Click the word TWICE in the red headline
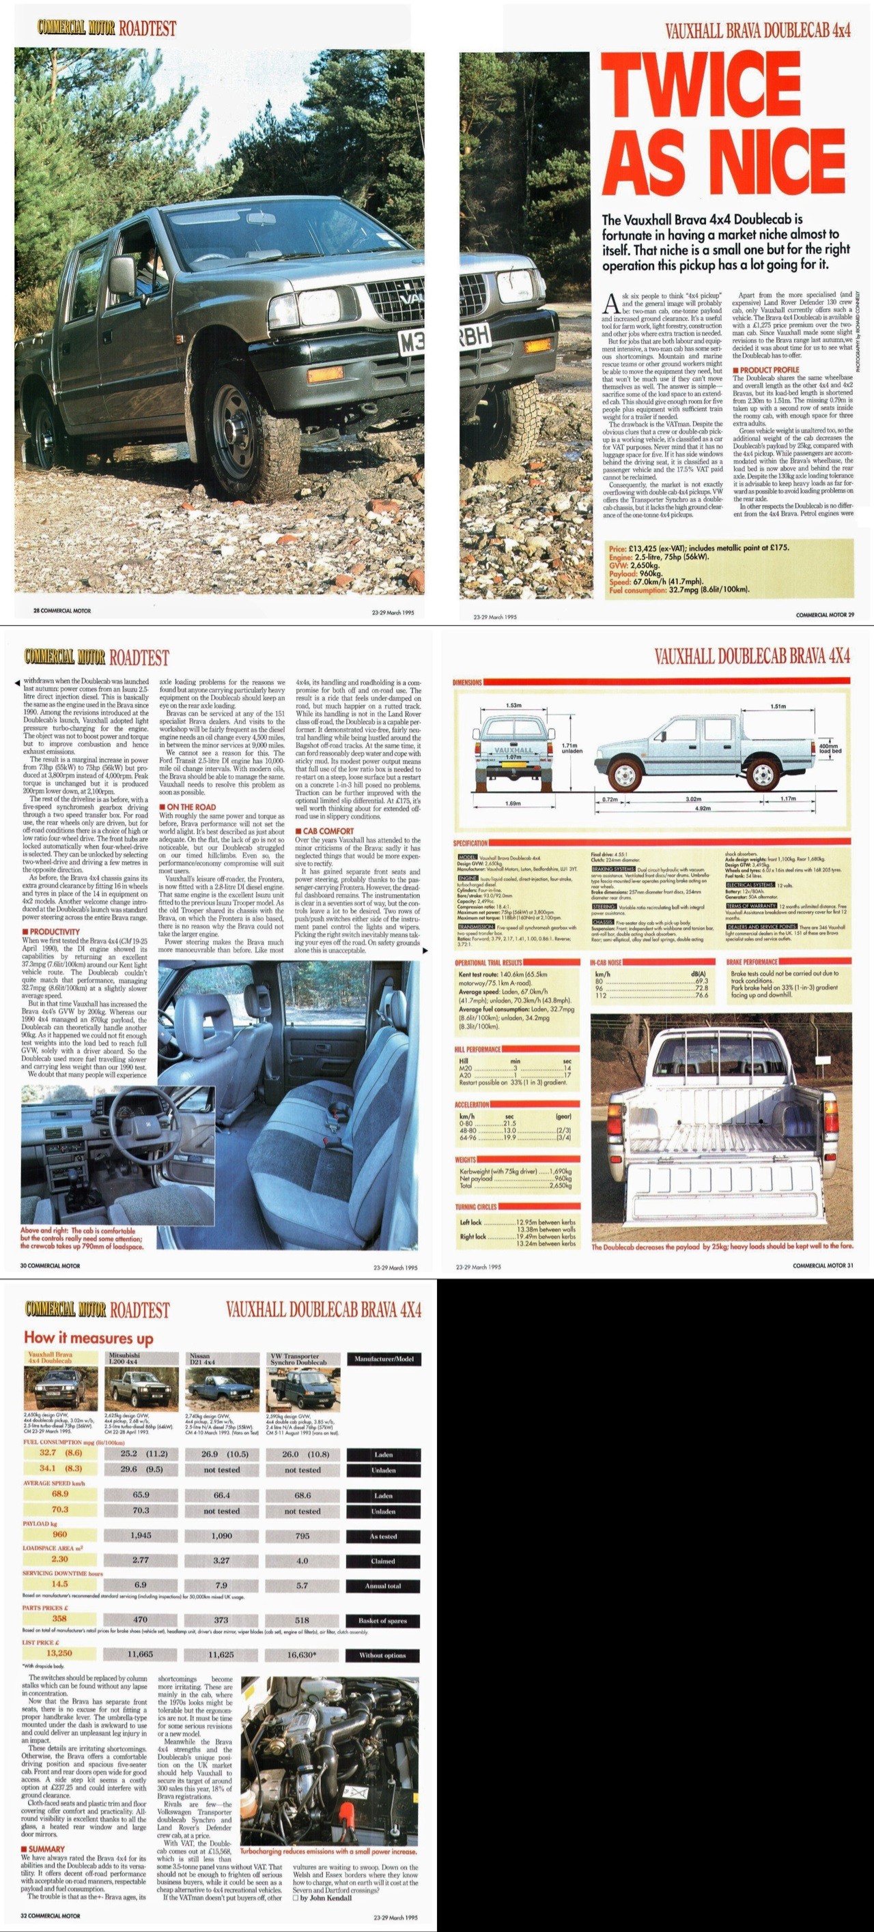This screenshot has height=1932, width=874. tap(706, 89)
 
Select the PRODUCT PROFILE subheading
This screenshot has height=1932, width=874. tap(769, 370)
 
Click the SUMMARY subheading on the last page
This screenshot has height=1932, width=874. tap(46, 1849)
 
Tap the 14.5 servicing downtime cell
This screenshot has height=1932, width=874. tap(59, 1585)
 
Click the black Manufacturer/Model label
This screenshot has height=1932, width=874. tap(383, 1359)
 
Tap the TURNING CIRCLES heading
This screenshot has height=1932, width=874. tap(477, 1207)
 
